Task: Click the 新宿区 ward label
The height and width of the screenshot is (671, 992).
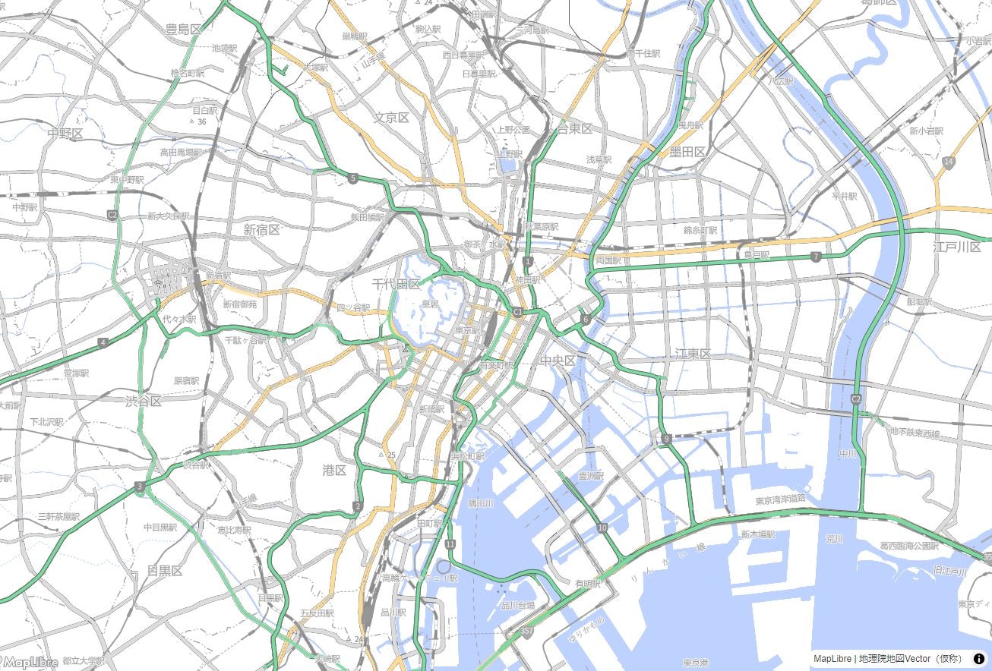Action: [x=262, y=229]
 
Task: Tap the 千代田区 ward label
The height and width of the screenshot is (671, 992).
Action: [x=396, y=284]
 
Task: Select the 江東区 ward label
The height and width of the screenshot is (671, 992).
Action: [x=693, y=354]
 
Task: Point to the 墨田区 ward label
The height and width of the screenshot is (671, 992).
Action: [x=687, y=152]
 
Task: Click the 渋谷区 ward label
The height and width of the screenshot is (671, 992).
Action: [x=144, y=401]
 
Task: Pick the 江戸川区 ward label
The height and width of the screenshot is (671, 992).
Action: [x=957, y=247]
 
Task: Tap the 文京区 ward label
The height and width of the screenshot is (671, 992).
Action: [x=391, y=118]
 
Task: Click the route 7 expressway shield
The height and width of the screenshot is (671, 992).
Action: [x=816, y=257]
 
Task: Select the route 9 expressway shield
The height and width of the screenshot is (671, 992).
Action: [x=666, y=439]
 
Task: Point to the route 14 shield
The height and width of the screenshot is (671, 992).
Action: [x=949, y=162]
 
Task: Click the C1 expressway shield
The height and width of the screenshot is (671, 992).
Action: [x=518, y=312]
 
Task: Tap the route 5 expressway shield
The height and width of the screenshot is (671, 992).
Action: [x=353, y=178]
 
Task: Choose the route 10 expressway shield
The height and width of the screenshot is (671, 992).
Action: [x=602, y=528]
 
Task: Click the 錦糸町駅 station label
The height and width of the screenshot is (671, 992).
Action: [x=700, y=229]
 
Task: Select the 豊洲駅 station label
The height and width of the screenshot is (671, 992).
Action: [x=590, y=476]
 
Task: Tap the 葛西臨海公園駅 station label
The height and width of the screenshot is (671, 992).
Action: [x=909, y=545]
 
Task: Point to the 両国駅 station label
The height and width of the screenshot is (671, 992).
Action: [x=608, y=260]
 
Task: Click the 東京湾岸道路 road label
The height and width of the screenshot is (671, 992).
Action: [x=781, y=499]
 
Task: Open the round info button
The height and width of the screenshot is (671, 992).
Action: [x=979, y=658]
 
